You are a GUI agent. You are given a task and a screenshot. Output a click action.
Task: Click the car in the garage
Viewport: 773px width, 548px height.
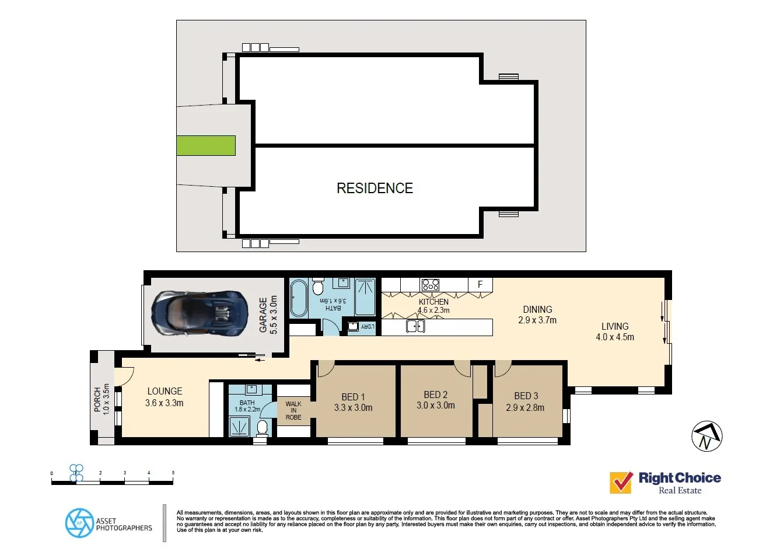coord(198,314)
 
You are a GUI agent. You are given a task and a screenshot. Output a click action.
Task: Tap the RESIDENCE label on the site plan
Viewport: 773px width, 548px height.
coord(375,188)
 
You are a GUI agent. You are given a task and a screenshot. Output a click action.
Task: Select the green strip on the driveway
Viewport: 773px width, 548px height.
coord(206,145)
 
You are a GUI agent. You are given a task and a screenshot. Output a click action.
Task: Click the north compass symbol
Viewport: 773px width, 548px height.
coord(706,437)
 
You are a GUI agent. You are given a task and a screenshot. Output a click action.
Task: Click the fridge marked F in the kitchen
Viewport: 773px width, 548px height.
coord(480,284)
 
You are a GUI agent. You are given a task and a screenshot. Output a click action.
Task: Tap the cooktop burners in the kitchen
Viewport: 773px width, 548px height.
coord(431,285)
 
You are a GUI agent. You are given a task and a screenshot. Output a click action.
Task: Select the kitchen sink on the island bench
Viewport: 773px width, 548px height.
coord(415,326)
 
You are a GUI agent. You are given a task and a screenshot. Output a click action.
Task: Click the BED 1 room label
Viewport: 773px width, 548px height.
coord(353,397)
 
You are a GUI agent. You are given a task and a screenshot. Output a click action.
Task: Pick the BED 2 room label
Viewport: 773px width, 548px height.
coord(435,395)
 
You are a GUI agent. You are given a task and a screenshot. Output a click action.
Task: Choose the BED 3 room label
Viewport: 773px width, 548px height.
coord(526,396)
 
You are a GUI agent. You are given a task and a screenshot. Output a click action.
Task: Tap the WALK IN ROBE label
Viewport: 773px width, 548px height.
coord(293,410)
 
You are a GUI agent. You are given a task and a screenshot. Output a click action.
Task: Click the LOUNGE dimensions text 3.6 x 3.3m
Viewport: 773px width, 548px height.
coord(165,403)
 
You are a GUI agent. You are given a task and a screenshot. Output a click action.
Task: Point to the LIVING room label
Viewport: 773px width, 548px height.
coord(615,326)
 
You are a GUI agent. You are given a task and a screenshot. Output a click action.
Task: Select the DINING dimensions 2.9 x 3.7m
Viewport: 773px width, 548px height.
coord(537,320)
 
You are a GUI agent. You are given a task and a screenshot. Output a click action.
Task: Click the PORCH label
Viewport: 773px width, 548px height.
coord(97,400)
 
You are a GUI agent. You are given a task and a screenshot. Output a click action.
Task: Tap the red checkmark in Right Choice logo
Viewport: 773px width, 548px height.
coord(621,483)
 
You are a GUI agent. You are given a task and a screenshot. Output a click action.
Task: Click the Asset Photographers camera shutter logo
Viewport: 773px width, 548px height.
coord(79,522)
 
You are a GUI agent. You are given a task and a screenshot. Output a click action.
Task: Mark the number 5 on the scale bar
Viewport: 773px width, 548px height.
coord(173,473)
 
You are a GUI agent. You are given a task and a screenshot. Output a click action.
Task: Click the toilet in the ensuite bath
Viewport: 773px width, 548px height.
coord(263,427)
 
